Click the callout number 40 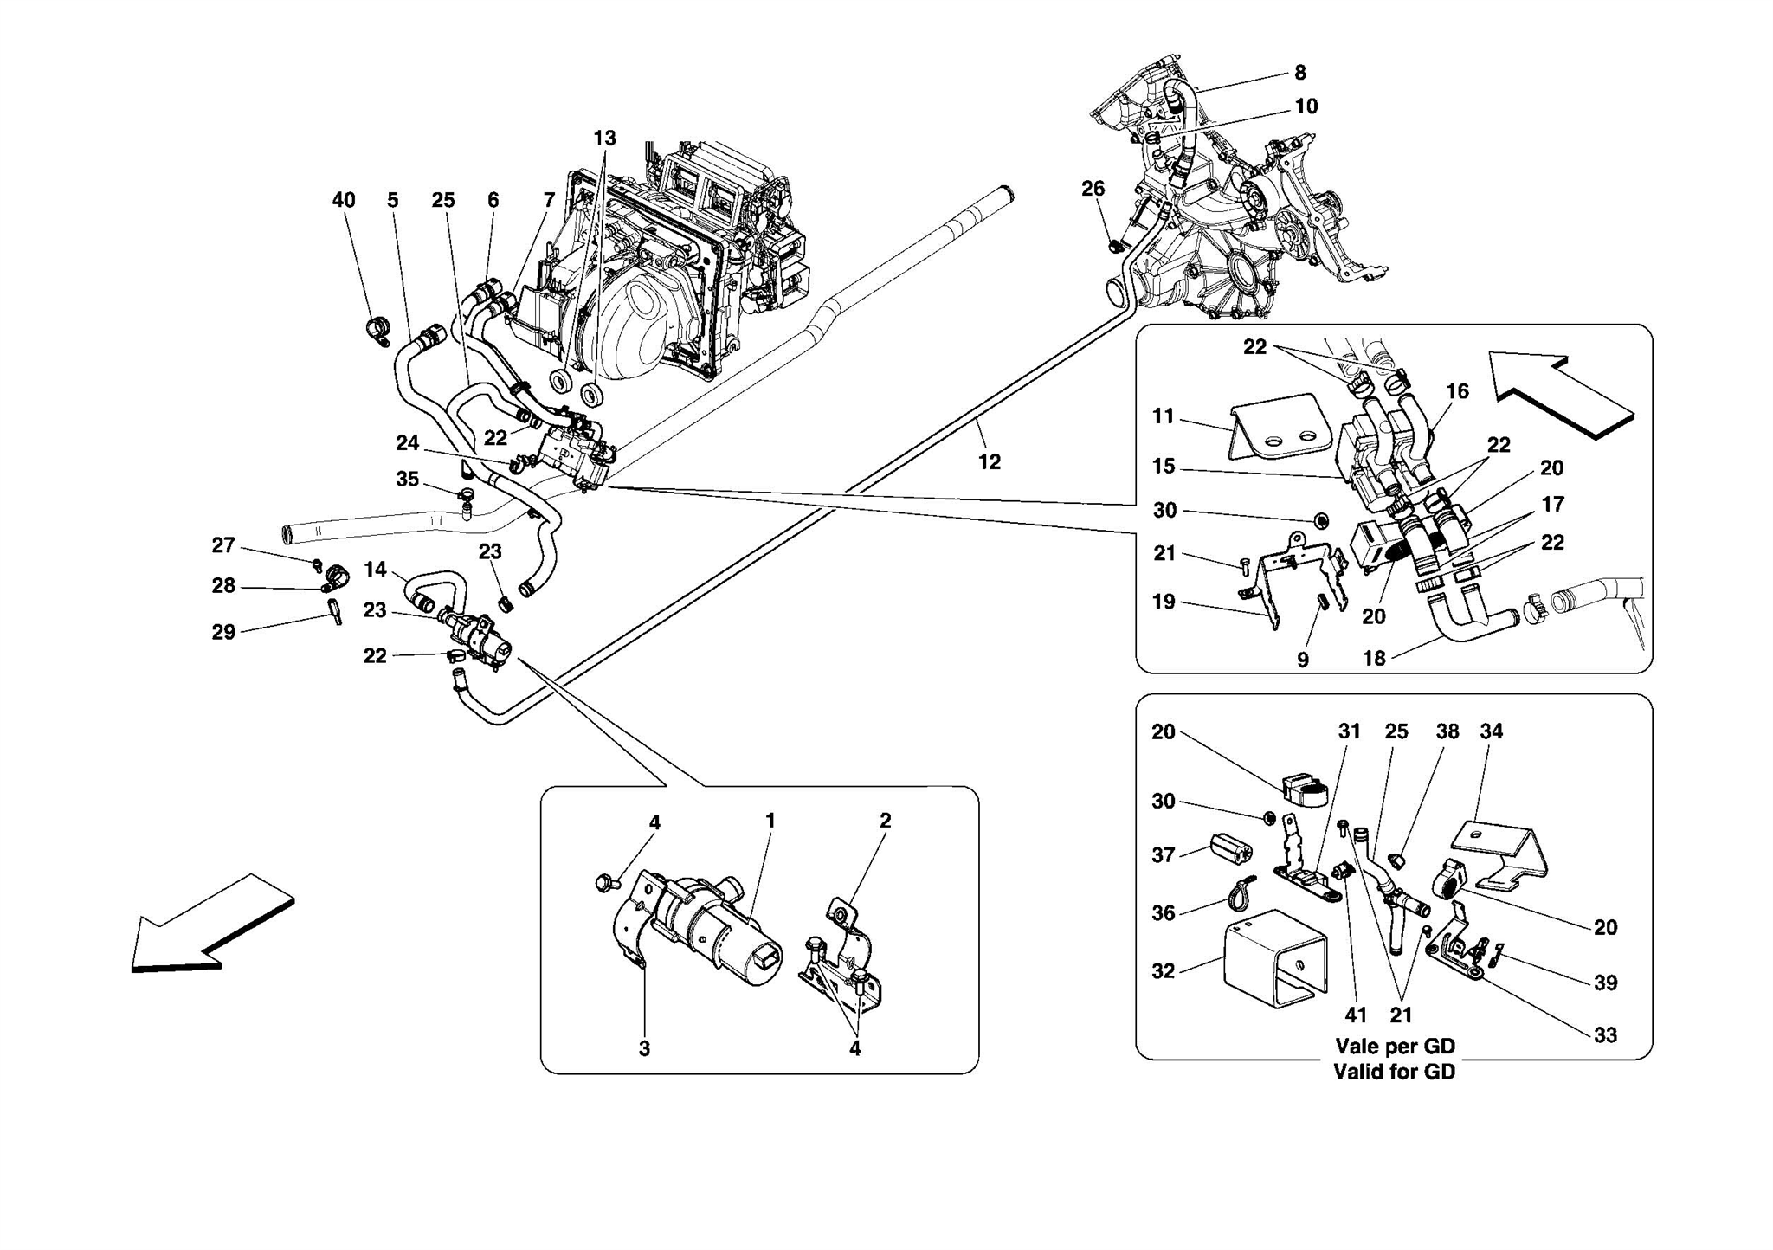tap(344, 200)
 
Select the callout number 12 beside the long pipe tap(989, 462)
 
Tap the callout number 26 tap(1093, 189)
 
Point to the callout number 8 tap(1299, 73)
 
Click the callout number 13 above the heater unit tap(604, 138)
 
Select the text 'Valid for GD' tap(1394, 1072)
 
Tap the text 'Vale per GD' tap(1394, 1046)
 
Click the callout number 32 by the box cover tap(1164, 971)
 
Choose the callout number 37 tap(1164, 855)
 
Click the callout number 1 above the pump tap(770, 820)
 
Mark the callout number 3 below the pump tap(644, 1049)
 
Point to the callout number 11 tap(1164, 416)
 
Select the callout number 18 tap(1374, 658)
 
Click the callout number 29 tap(223, 632)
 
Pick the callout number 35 tap(407, 480)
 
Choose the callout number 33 tap(1605, 1035)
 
